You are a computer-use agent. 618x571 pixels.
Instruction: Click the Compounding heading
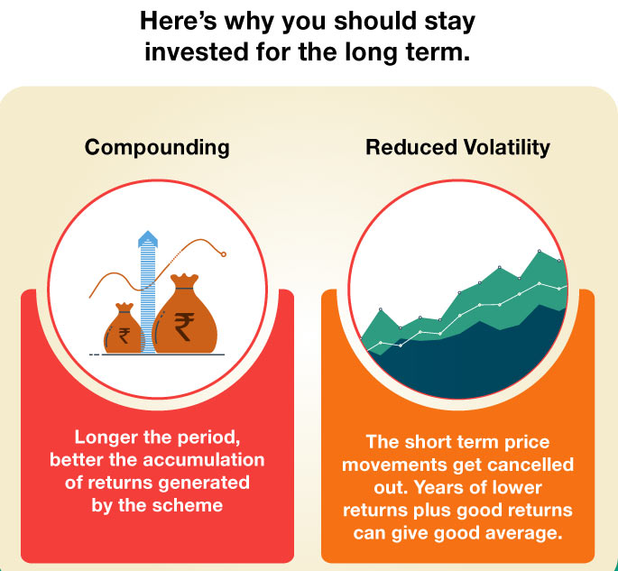[x=157, y=147]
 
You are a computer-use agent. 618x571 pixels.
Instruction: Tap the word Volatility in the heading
[x=503, y=147]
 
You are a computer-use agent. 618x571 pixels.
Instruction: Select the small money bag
[x=123, y=330]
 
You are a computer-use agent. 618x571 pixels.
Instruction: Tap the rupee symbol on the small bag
[x=124, y=336]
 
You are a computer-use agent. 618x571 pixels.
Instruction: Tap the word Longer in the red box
[x=105, y=437]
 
